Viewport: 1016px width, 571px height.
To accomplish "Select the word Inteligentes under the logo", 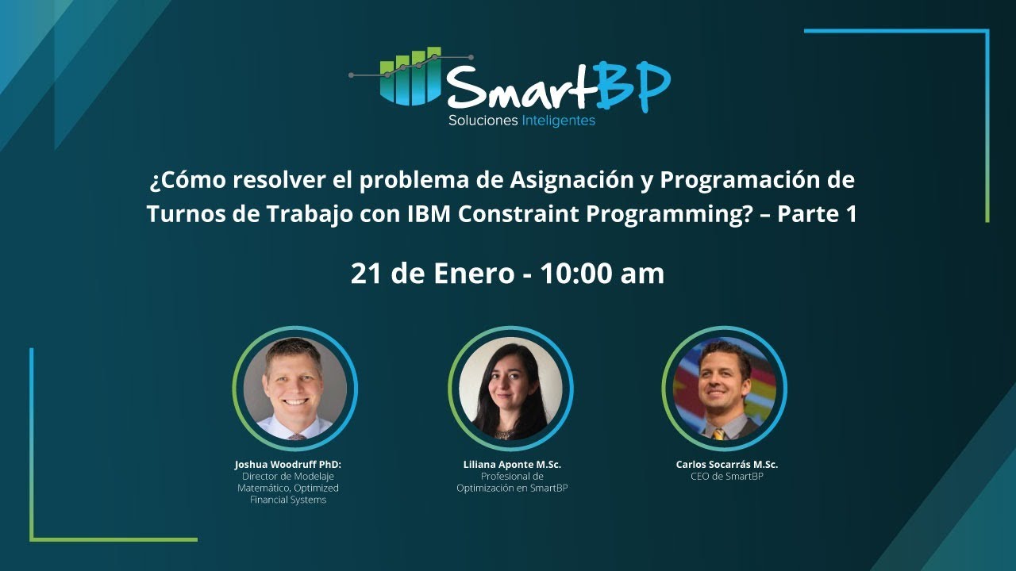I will [x=559, y=121].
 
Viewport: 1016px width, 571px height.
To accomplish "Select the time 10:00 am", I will [x=602, y=274].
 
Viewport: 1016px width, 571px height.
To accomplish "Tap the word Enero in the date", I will [x=475, y=274].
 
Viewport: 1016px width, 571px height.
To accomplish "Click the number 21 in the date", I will [x=368, y=274].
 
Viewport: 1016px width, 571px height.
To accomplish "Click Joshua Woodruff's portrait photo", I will [x=295, y=388].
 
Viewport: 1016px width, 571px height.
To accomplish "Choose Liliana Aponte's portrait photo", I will [x=510, y=388].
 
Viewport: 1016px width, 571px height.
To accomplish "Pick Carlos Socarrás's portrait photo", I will [x=724, y=388].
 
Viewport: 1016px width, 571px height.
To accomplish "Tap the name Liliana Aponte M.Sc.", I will [x=512, y=465].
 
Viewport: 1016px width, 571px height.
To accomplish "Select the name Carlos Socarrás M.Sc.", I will [x=726, y=465].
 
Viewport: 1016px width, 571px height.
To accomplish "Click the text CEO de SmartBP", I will [x=726, y=477].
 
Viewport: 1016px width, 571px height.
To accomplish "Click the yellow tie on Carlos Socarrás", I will [x=718, y=434].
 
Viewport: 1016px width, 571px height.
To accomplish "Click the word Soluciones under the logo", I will [x=483, y=121].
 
